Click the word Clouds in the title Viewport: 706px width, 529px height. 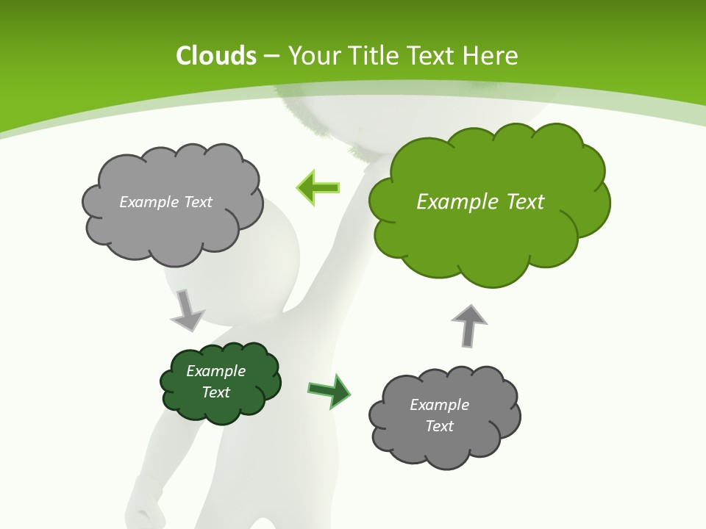[216, 56]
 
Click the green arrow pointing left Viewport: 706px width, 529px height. [318, 187]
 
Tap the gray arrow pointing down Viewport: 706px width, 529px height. [187, 309]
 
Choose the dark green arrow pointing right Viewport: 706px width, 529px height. [329, 390]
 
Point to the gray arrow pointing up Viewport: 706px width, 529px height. [469, 325]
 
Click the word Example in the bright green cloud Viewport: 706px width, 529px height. [453, 202]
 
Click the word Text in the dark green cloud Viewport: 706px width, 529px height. [216, 392]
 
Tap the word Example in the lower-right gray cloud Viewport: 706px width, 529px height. [439, 405]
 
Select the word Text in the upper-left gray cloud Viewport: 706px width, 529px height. [197, 202]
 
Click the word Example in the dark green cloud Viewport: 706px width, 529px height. [216, 371]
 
